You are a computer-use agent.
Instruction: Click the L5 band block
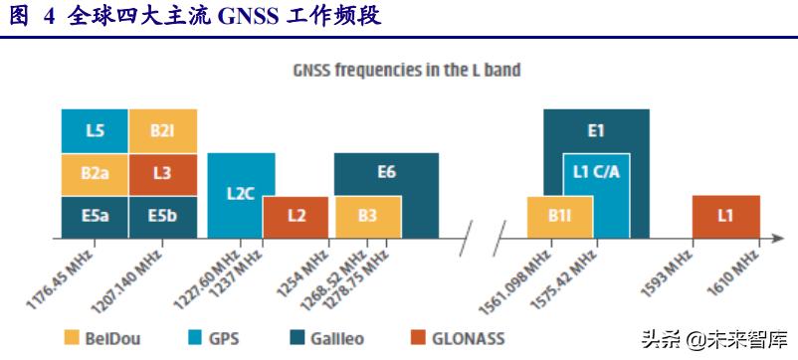click(x=95, y=130)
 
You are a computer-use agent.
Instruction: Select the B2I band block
click(x=162, y=130)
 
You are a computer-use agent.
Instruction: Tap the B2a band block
click(x=95, y=173)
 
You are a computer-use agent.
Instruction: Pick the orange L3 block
click(x=162, y=173)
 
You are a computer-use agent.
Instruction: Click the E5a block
click(x=95, y=216)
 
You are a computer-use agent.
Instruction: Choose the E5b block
click(x=162, y=216)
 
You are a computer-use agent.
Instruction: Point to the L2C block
click(x=240, y=194)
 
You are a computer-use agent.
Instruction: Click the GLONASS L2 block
click(x=296, y=216)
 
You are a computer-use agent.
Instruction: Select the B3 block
click(x=367, y=216)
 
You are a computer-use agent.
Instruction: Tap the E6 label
click(x=386, y=172)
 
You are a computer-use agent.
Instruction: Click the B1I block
click(x=558, y=216)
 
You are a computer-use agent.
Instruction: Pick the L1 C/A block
click(x=597, y=171)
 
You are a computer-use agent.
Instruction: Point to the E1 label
click(x=596, y=130)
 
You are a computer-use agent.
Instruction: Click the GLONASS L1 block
click(x=725, y=216)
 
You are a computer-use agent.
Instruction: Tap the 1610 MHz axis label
click(x=737, y=270)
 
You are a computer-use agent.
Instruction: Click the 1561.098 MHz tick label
click(x=519, y=278)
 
